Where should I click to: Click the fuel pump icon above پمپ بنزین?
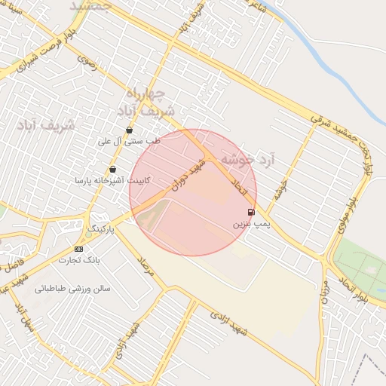250,213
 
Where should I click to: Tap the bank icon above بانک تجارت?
78,249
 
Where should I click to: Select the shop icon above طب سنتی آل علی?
130,130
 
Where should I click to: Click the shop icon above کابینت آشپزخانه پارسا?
113,170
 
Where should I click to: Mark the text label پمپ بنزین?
249,225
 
